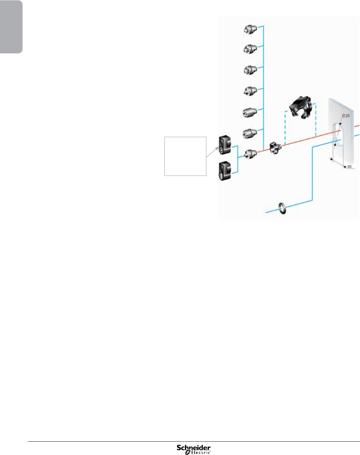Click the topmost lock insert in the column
click(x=250, y=30)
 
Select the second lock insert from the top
click(x=250, y=49)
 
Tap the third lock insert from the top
click(x=250, y=70)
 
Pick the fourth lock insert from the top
click(x=250, y=91)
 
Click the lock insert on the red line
click(x=250, y=153)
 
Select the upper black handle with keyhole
click(x=225, y=145)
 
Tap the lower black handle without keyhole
click(x=225, y=171)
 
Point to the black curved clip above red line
click(x=301, y=107)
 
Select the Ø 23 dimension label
click(x=346, y=116)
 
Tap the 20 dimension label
click(x=349, y=166)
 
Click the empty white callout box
click(x=185, y=156)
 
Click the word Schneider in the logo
click(x=193, y=448)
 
